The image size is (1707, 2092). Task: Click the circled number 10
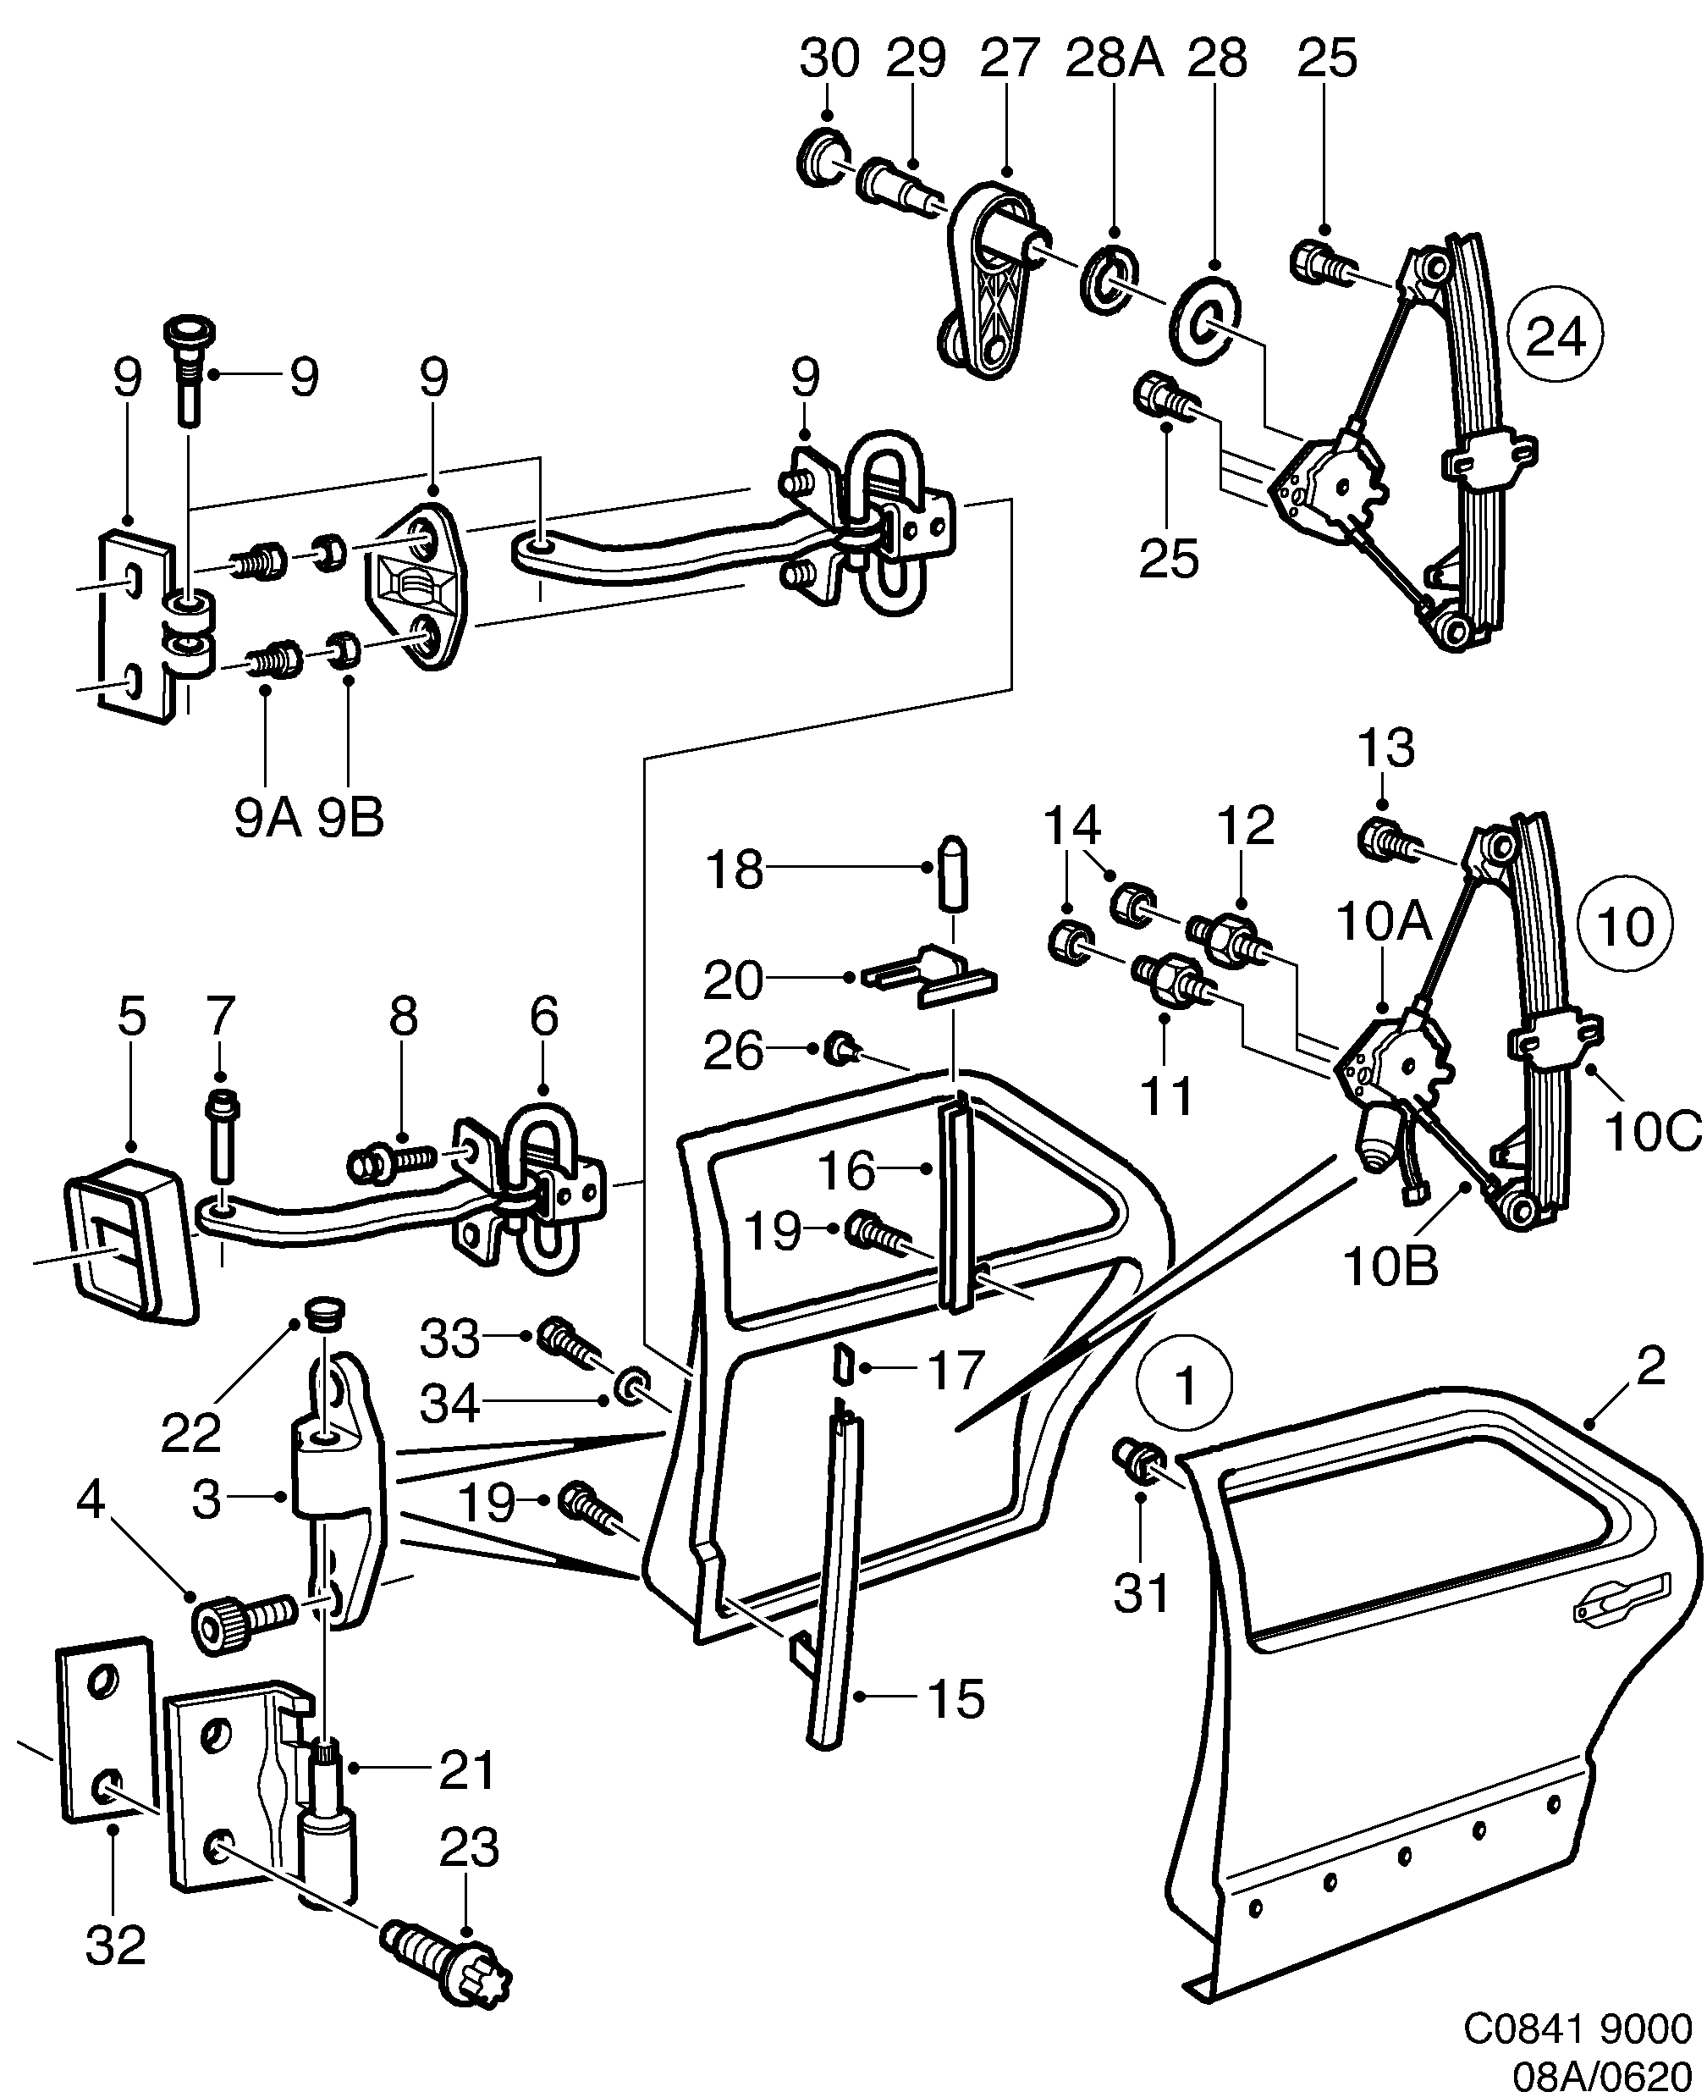click(x=1624, y=925)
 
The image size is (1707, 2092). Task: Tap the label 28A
click(x=1114, y=59)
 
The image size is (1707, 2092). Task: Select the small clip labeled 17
click(x=842, y=1365)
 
